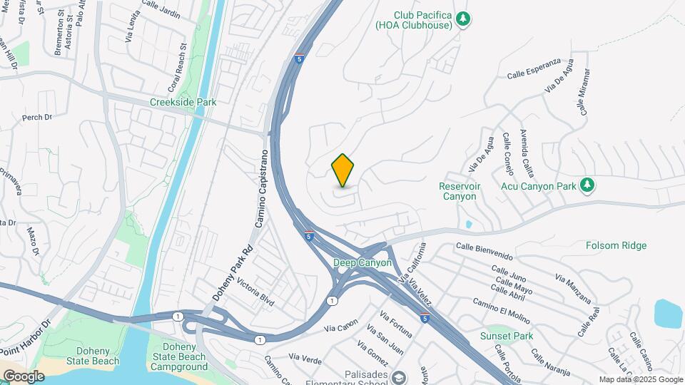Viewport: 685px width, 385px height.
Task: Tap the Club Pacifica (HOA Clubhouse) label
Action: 415,20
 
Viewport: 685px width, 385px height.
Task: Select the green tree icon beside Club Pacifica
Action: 464,19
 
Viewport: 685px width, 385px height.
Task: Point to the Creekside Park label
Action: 183,102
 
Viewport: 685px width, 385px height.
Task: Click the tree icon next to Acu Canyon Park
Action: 587,185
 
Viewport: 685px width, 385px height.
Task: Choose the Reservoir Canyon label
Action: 459,191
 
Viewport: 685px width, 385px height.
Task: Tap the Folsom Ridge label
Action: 616,245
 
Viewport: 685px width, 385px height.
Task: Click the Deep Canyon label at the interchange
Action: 362,262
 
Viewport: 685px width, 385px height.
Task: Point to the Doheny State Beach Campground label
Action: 179,357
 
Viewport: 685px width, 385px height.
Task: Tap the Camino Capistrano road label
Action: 262,189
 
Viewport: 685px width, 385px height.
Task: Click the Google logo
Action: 23,376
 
